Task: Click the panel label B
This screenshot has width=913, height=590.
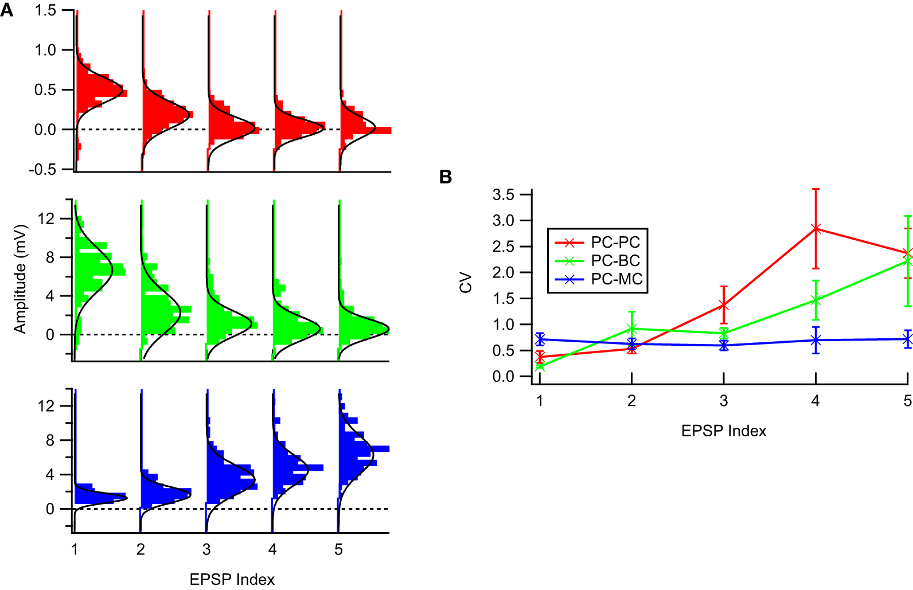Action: click(x=446, y=177)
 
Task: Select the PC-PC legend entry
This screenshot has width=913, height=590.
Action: click(x=615, y=243)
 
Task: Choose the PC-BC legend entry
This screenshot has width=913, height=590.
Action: click(x=615, y=261)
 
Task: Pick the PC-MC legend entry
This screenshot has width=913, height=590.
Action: click(x=616, y=279)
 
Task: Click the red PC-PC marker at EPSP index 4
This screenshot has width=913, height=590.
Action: click(x=816, y=229)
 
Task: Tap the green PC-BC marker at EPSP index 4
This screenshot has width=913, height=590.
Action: click(x=816, y=300)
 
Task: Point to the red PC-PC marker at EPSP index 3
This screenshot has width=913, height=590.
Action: click(x=724, y=305)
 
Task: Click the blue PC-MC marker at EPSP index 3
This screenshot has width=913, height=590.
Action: click(x=724, y=345)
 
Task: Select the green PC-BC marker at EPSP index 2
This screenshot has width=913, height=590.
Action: click(x=631, y=329)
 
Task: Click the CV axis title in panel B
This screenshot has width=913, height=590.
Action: click(x=466, y=283)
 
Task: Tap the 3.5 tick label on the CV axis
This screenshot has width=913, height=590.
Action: click(x=503, y=195)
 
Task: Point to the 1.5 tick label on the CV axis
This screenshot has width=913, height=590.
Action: click(x=503, y=299)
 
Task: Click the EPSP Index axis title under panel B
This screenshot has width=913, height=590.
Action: click(x=724, y=431)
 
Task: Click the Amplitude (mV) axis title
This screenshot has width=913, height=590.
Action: click(x=21, y=279)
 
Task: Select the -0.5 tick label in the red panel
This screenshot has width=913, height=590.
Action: click(x=42, y=170)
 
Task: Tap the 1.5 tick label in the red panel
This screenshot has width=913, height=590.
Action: click(x=45, y=10)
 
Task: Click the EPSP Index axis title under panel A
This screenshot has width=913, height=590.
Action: click(x=232, y=579)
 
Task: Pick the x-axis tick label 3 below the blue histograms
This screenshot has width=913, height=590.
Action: click(x=206, y=550)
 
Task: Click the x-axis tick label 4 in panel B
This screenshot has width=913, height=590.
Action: click(x=816, y=401)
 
